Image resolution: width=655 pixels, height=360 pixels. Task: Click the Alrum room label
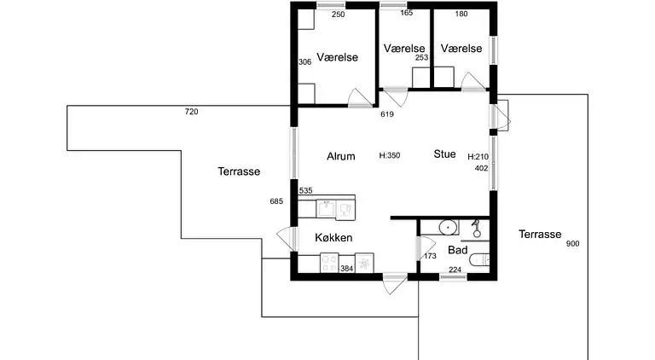pyautogui.click(x=341, y=156)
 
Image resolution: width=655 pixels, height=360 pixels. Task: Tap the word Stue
pyautogui.click(x=444, y=154)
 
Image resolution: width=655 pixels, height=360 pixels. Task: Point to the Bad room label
pyautogui.click(x=457, y=251)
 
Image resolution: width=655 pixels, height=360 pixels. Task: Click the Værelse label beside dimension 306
pyautogui.click(x=337, y=57)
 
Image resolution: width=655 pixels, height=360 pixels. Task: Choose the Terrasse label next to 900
pyautogui.click(x=539, y=234)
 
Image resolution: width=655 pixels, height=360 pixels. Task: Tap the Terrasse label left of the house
pyautogui.click(x=238, y=171)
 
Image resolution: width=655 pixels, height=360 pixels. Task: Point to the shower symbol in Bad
pyautogui.click(x=477, y=228)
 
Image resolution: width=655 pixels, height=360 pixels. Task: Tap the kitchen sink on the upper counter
pyautogui.click(x=326, y=207)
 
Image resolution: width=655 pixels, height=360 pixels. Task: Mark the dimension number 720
pyautogui.click(x=191, y=112)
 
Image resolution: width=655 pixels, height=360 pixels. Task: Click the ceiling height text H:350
pyautogui.click(x=390, y=156)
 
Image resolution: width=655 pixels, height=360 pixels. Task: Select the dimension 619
pyautogui.click(x=386, y=114)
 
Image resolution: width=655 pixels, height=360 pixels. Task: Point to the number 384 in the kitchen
pyautogui.click(x=346, y=269)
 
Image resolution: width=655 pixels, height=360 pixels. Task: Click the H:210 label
pyautogui.click(x=478, y=157)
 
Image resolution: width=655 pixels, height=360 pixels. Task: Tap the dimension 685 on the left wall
pyautogui.click(x=275, y=201)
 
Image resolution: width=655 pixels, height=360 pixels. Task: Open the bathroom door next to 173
pyautogui.click(x=418, y=249)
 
